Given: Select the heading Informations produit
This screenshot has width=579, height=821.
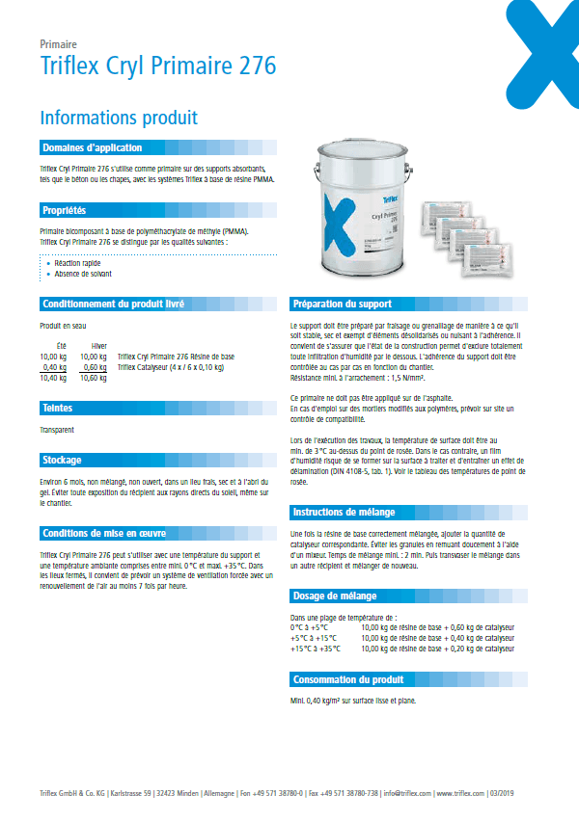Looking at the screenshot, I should (119, 118).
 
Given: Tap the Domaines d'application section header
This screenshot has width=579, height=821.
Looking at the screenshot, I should (92, 147).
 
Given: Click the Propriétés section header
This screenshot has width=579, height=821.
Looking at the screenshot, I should (64, 210).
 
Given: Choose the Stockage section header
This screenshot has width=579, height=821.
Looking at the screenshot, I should (61, 460).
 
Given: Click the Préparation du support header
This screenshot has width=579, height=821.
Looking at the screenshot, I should (342, 304).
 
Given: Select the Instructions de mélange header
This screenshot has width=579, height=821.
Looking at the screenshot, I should (347, 512).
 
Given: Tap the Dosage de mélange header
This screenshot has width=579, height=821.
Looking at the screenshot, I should (335, 596).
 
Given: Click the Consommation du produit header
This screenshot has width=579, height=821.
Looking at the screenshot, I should (347, 679).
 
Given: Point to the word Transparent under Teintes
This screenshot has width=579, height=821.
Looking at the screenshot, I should (58, 429).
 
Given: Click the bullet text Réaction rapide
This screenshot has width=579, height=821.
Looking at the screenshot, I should (77, 262).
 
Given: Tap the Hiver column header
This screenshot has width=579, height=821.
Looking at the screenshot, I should (98, 345).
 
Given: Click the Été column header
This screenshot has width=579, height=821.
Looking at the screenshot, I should (60, 345).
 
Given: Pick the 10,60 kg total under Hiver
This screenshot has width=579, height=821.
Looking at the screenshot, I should (94, 379).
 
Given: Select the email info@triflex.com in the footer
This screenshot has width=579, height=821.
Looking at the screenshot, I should (406, 795).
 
